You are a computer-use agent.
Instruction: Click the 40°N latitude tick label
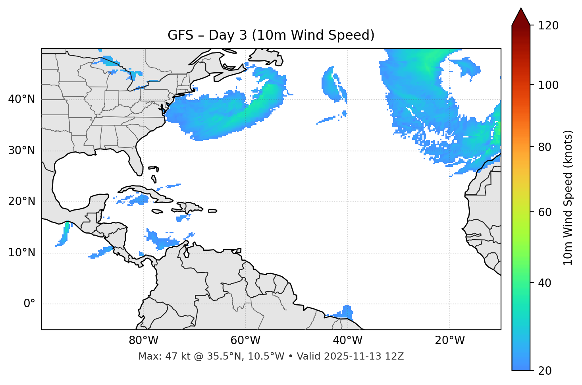(x=21, y=99)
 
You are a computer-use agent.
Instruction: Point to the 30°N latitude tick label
(x=21, y=151)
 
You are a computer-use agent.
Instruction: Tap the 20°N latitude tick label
(x=21, y=201)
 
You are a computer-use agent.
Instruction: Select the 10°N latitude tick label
(x=21, y=253)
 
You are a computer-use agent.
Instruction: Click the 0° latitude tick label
(x=29, y=304)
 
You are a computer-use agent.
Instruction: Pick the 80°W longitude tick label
(x=143, y=341)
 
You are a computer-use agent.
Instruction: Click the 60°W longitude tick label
(x=245, y=341)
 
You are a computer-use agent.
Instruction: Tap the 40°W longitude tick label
(x=347, y=341)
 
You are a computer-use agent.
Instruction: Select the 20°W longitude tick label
(x=450, y=341)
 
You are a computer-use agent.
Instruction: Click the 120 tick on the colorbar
(x=548, y=26)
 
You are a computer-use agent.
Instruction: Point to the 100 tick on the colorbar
(x=548, y=85)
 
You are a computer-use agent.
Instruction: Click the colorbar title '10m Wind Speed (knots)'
(x=568, y=198)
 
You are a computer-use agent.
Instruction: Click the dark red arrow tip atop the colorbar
(x=521, y=16)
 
